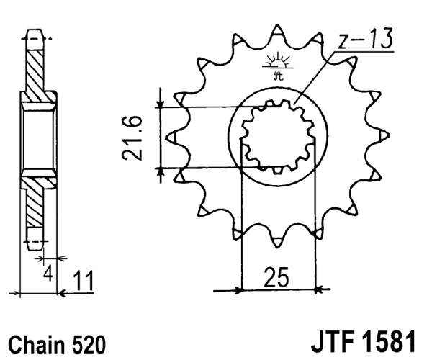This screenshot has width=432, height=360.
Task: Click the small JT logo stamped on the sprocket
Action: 276,63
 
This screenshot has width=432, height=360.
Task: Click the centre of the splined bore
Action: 278,136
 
